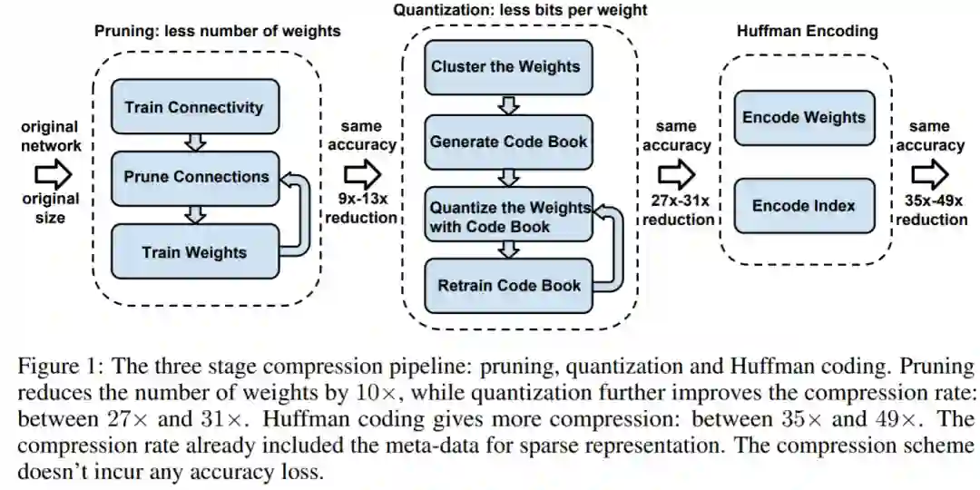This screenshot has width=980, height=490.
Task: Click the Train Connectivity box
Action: (x=193, y=107)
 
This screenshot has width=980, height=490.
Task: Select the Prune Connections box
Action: (x=196, y=176)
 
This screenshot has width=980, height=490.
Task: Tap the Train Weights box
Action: (x=193, y=251)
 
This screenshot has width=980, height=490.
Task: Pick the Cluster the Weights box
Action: (x=505, y=66)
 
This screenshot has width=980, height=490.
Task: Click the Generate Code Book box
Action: (x=508, y=142)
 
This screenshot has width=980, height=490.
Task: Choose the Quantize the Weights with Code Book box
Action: (x=508, y=217)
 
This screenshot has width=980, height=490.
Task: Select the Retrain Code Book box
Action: (x=508, y=285)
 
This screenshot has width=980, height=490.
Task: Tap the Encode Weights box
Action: (x=803, y=117)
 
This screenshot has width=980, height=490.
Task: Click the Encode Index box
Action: (x=803, y=206)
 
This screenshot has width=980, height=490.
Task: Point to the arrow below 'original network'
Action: (x=51, y=171)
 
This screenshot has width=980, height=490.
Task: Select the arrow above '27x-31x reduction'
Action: (x=679, y=173)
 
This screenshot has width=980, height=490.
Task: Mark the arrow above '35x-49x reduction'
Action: (x=931, y=172)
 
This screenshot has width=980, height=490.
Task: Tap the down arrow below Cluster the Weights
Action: (x=509, y=104)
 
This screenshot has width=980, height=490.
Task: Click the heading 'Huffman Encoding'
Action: (x=808, y=31)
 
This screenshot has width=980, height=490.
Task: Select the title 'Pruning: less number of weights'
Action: (x=218, y=31)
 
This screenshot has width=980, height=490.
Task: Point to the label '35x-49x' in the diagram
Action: (x=930, y=201)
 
